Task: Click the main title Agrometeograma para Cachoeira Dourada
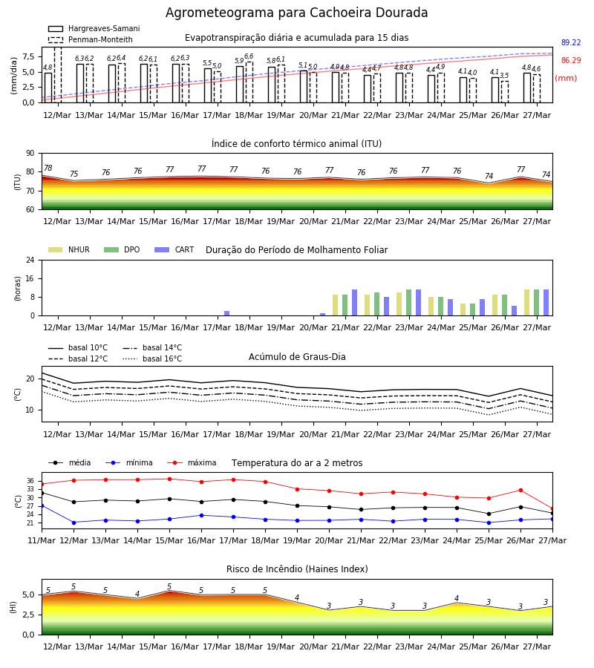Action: tap(296, 13)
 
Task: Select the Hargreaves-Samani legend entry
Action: tap(94, 28)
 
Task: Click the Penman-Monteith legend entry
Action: tap(91, 39)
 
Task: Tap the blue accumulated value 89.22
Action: tap(571, 42)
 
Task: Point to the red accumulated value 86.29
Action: tap(571, 61)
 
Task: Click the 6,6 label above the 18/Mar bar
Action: tap(249, 56)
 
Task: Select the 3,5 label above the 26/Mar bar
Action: tap(504, 76)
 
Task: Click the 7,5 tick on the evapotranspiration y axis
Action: tap(28, 56)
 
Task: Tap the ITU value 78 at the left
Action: tap(48, 168)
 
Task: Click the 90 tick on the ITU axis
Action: tap(30, 154)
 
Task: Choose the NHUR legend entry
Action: tap(69, 249)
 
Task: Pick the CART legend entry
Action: tap(174, 249)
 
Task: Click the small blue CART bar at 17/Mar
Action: tap(226, 313)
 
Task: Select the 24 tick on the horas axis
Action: tap(30, 261)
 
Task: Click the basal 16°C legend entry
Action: tap(152, 358)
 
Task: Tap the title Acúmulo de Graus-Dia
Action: tap(297, 356)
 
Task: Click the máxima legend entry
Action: tap(192, 462)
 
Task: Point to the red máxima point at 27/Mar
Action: tap(552, 509)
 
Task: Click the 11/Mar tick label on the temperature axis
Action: tap(42, 540)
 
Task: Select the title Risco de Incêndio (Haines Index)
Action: tap(297, 569)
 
